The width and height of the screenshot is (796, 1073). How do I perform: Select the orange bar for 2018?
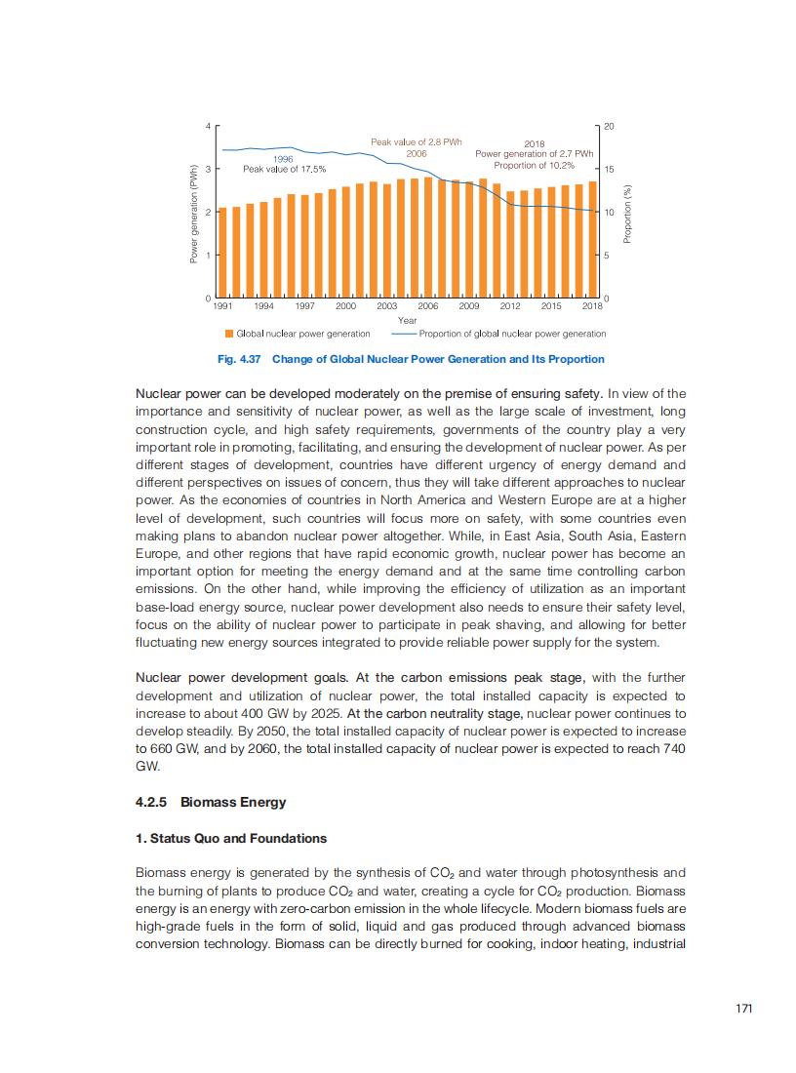click(x=592, y=239)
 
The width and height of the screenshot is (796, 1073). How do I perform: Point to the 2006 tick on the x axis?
click(x=428, y=306)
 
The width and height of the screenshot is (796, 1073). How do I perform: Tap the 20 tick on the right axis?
click(x=609, y=127)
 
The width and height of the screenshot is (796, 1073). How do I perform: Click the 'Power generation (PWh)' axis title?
click(x=194, y=213)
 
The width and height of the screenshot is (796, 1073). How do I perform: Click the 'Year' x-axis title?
click(x=407, y=320)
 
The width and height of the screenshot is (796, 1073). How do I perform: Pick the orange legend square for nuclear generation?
click(x=229, y=334)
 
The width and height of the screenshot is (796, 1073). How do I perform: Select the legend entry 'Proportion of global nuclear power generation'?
click(x=512, y=334)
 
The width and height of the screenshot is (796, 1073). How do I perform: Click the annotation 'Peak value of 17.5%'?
click(x=284, y=170)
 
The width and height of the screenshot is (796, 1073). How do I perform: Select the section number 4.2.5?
click(x=152, y=803)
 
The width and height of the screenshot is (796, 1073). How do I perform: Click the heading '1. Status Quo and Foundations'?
click(x=231, y=838)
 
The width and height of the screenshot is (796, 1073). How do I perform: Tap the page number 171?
click(x=744, y=1009)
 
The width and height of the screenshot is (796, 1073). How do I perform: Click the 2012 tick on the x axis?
click(x=510, y=306)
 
